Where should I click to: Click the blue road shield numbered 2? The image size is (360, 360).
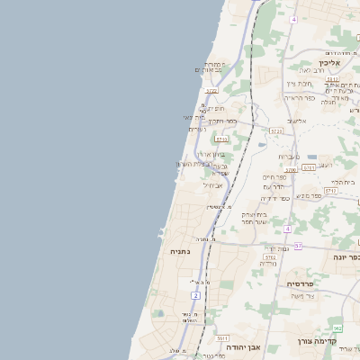(x=195, y=295)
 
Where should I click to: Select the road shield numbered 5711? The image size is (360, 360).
(x=330, y=191)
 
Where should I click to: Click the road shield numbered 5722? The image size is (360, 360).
(x=211, y=91)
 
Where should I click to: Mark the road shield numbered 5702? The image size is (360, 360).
(x=270, y=257)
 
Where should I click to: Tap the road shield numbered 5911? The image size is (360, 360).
(x=220, y=337)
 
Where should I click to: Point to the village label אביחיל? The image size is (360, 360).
(x=213, y=184)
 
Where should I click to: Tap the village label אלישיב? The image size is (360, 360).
(x=297, y=120)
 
